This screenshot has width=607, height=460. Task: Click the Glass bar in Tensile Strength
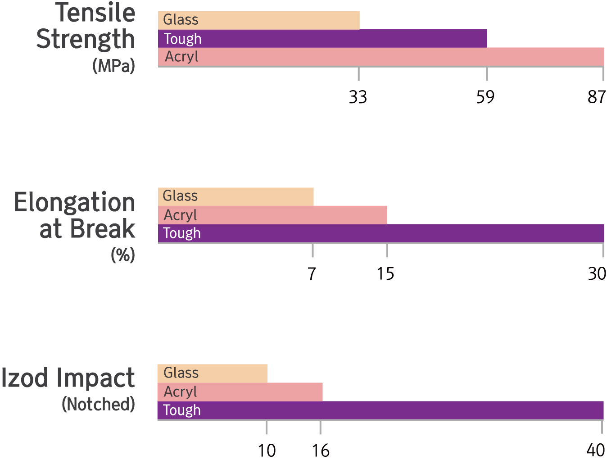coord(259,20)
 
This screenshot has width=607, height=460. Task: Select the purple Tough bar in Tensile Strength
coord(322,38)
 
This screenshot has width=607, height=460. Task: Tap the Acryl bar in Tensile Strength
coord(381,57)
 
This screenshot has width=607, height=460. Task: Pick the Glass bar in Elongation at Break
coord(236,196)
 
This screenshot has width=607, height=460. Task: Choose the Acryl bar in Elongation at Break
coord(272,215)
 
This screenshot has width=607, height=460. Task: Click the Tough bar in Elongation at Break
coord(381,233)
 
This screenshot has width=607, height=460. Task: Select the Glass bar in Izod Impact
coord(212,373)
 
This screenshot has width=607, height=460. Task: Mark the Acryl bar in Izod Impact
coord(240,392)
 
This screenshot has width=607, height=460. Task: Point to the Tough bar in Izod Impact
coord(381,410)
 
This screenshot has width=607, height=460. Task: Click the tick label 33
coord(358,97)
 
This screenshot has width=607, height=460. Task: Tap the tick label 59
coord(485,97)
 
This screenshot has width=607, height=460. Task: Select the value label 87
coord(597,97)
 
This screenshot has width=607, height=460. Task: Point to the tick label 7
coord(312,273)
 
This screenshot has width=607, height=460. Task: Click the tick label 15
coord(385,273)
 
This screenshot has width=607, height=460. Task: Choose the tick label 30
coord(597,273)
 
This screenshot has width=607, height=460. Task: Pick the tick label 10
coord(267,450)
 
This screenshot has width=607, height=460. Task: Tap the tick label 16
coord(321,450)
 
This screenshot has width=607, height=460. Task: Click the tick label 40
coord(596,450)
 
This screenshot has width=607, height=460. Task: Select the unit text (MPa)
coord(113,66)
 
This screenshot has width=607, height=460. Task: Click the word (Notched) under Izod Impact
coord(98,404)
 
